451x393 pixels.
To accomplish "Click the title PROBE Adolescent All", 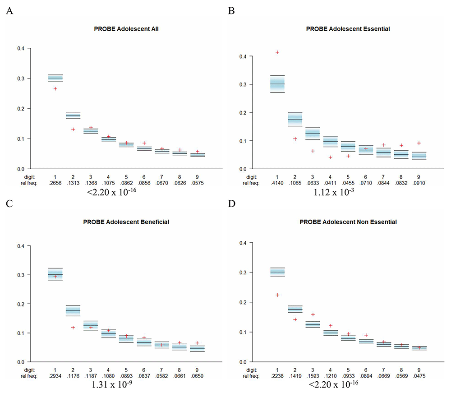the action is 126,29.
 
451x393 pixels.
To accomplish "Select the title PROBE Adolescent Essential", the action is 348,29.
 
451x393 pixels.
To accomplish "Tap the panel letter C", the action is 9,203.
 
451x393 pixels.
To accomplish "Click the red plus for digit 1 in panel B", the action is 277,52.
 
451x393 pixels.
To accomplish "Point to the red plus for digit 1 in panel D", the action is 277,295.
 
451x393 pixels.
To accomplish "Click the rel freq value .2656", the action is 55,183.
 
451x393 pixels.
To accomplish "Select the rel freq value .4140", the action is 277,183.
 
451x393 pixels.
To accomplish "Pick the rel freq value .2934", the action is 55,376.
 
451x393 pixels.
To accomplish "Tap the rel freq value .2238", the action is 277,376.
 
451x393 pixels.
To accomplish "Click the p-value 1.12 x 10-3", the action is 334,192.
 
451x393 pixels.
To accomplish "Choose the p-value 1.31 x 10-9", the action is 112,385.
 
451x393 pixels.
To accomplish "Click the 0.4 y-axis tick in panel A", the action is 21,48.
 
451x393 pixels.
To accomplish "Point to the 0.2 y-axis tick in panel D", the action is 243,302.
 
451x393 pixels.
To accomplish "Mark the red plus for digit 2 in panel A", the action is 73,129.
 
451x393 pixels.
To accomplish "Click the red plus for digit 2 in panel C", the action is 73,328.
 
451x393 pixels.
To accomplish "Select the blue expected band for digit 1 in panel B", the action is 277,84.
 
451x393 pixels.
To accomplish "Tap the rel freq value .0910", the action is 419,183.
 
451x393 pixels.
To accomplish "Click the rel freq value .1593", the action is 313,376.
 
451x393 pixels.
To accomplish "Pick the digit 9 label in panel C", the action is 197,370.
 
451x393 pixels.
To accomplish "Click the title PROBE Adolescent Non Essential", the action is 348,222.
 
